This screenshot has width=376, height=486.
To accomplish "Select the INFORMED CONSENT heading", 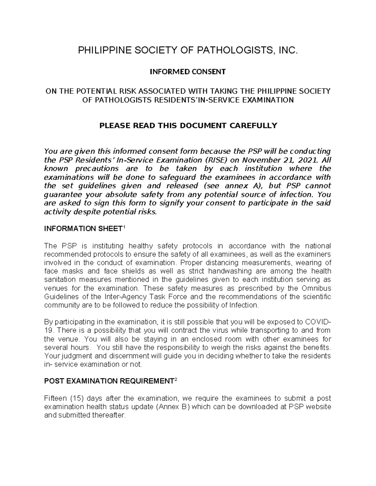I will [x=188, y=72].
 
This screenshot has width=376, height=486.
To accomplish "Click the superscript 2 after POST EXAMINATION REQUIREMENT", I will [x=176, y=379].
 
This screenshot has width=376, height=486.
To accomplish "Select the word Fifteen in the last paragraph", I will [x=55, y=399].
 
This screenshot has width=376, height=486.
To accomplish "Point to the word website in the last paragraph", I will [x=318, y=407].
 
